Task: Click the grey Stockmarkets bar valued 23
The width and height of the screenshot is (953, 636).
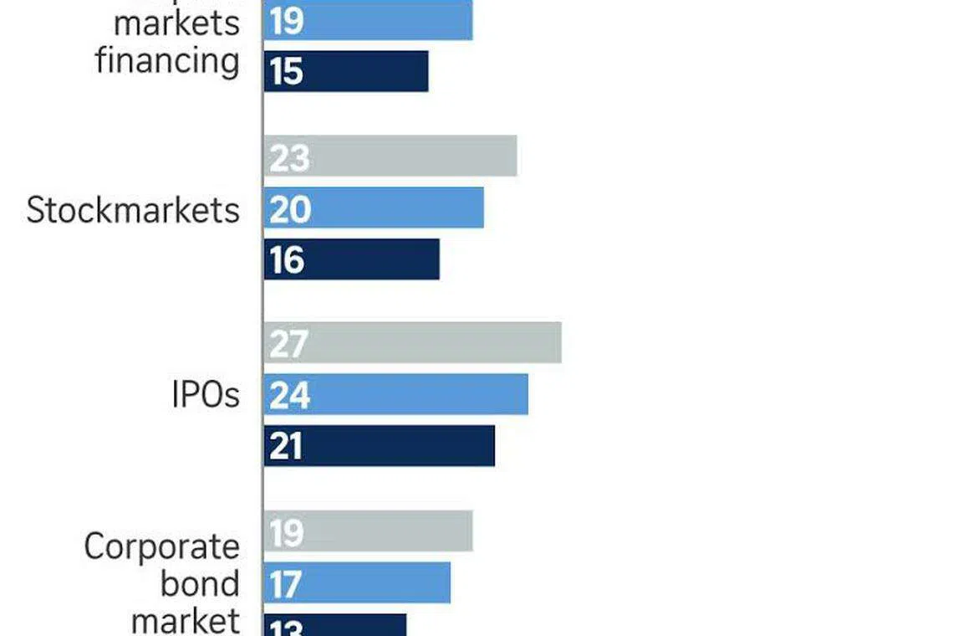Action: coord(390,156)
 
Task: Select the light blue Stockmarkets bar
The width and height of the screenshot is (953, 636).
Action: coord(374,208)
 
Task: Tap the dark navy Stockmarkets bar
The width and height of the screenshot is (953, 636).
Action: coord(351,259)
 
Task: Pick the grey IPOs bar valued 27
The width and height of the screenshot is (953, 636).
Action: coord(412,342)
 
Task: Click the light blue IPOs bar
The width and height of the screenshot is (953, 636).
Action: coord(395,394)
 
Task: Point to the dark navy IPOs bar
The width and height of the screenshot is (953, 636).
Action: coord(379,445)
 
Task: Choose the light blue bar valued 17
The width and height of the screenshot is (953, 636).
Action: coord(357,582)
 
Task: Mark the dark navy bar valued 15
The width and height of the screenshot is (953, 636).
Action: coord(345,71)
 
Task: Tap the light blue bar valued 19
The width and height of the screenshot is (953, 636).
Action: coord(368,20)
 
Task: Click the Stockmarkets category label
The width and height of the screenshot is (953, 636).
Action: coord(133,209)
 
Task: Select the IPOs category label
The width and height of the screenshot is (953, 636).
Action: coord(206,394)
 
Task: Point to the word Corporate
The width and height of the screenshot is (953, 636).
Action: coord(161,546)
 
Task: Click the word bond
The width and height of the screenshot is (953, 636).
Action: coord(200,583)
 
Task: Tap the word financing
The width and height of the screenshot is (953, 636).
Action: coord(167,60)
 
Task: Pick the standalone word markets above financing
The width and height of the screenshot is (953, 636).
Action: coord(176,23)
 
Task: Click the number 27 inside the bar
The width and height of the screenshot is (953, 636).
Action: coord(289,343)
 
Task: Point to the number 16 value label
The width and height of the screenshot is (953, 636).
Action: coord(287,260)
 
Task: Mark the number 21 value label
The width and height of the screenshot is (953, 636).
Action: coord(286,446)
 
